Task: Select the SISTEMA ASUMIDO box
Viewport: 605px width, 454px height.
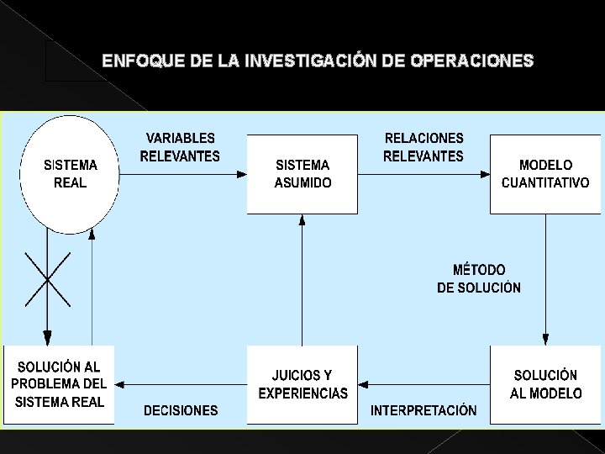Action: tap(302, 174)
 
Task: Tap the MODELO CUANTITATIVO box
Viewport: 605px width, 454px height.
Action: tap(545, 174)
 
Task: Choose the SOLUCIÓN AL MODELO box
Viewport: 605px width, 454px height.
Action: tap(545, 384)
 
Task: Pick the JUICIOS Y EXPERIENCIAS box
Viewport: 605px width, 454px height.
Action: tap(302, 384)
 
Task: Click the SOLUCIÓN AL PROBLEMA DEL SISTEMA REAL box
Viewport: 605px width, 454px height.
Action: tap(59, 384)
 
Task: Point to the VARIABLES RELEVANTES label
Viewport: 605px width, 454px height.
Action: tap(180, 147)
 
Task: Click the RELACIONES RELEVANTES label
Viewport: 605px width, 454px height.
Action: tap(423, 147)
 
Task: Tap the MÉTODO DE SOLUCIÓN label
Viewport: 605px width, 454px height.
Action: tap(479, 278)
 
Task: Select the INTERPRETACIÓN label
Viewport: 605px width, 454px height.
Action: tap(423, 411)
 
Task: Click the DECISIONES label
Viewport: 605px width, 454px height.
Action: tap(180, 411)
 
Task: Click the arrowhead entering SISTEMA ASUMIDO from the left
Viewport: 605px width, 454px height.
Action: tap(241, 174)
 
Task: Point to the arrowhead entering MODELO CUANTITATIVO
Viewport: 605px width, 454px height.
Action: tap(485, 174)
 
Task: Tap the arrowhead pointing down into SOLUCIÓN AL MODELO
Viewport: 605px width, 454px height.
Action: tap(545, 340)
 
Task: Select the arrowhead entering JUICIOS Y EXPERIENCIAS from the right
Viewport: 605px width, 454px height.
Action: tap(364, 384)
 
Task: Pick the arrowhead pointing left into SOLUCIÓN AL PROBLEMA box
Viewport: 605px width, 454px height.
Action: tap(120, 384)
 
